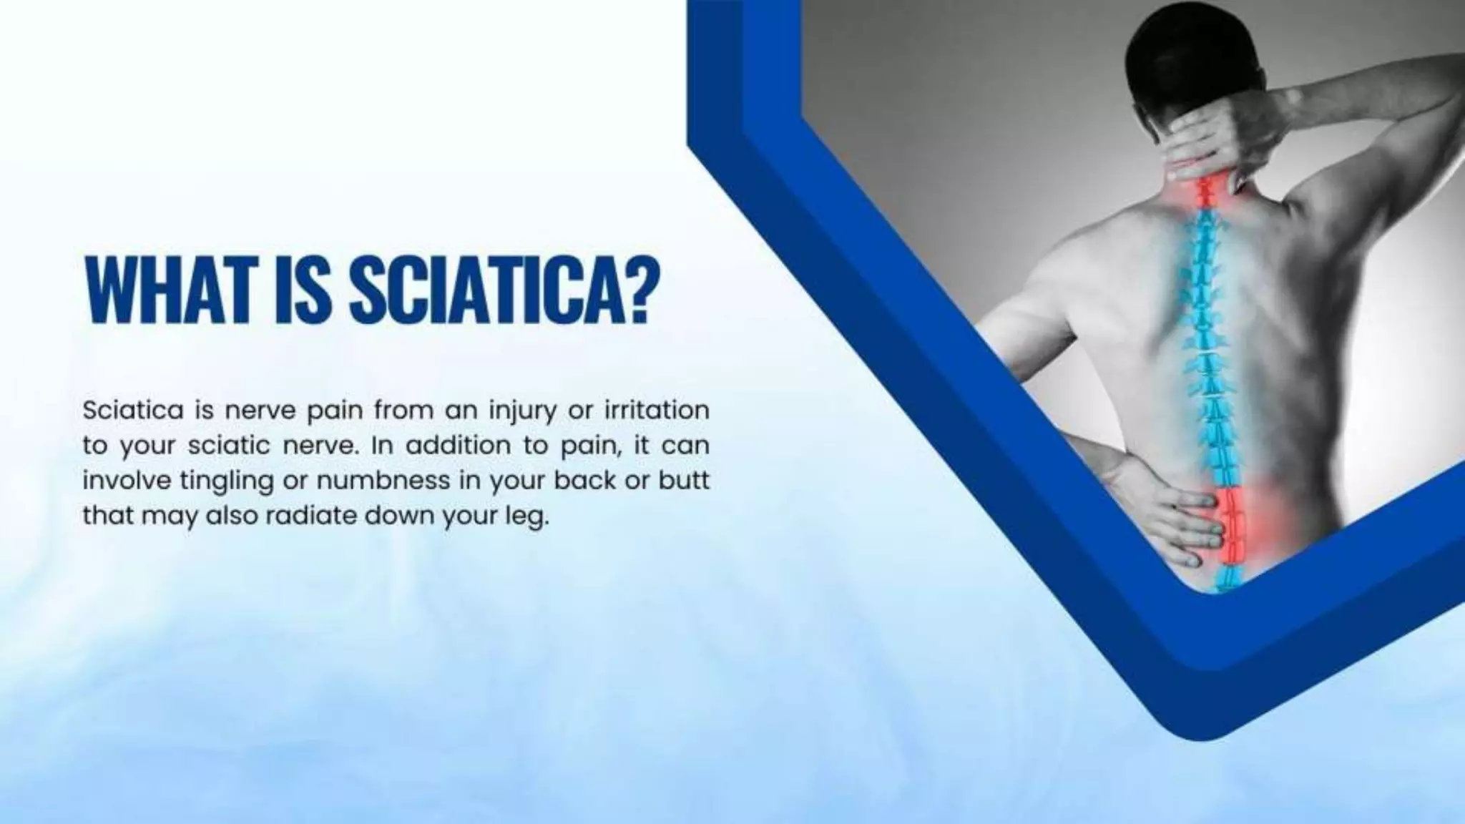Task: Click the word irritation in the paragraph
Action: click(x=657, y=411)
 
